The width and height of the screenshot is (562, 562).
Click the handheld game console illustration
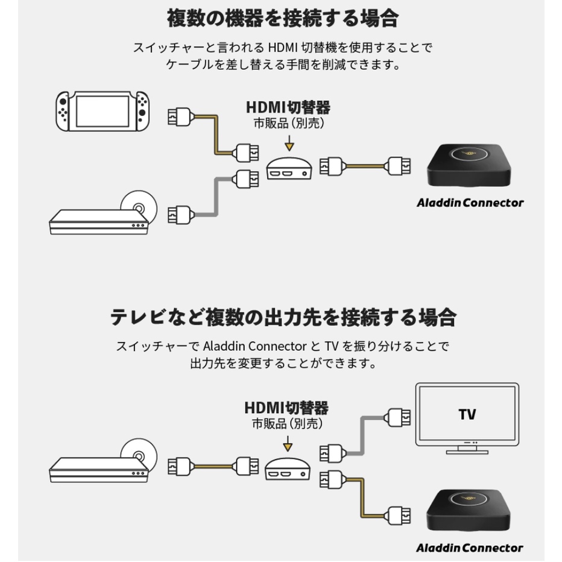(103, 111)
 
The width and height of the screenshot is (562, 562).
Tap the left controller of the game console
(63, 111)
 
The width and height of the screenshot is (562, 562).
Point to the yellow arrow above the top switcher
(289, 143)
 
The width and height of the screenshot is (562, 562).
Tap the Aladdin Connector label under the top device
(470, 203)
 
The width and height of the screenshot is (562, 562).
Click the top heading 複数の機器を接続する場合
(283, 18)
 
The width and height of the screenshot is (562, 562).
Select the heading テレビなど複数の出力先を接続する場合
(283, 317)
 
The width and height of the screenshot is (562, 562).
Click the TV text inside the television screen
(467, 414)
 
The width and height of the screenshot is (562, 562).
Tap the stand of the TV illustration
(467, 449)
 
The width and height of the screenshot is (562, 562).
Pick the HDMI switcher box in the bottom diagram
(288, 469)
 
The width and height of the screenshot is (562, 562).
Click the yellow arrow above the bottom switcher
(288, 443)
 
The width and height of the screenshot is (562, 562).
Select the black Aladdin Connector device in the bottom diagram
(469, 510)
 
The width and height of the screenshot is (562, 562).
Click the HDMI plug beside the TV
(397, 417)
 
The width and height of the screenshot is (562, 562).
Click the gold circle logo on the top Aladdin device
(469, 154)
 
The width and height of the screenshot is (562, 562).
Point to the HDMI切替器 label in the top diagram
(288, 107)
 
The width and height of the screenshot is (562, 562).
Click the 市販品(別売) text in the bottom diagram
(288, 424)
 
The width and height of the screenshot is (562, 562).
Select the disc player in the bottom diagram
(103, 466)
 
